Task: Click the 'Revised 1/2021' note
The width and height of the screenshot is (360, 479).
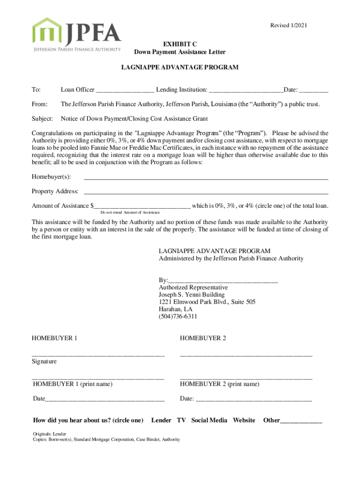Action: pyautogui.click(x=289, y=25)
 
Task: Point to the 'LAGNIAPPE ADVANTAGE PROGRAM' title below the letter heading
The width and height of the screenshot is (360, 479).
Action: pyautogui.click(x=180, y=67)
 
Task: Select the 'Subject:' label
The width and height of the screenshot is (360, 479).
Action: pyautogui.click(x=42, y=119)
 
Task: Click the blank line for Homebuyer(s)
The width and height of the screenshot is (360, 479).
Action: pyautogui.click(x=205, y=177)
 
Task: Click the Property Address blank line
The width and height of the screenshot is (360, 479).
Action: pyautogui.click(x=205, y=192)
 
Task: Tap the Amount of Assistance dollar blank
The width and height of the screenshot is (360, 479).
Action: pyautogui.click(x=142, y=206)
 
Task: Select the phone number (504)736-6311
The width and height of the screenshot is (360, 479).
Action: pyautogui.click(x=178, y=317)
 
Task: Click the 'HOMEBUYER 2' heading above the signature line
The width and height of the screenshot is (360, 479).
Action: pyautogui.click(x=203, y=338)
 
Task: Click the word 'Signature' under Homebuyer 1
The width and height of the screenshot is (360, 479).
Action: pyautogui.click(x=44, y=362)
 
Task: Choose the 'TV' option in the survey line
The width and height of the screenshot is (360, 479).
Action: pyautogui.click(x=181, y=420)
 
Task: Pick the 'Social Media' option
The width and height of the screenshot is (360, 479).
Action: pyautogui.click(x=209, y=420)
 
